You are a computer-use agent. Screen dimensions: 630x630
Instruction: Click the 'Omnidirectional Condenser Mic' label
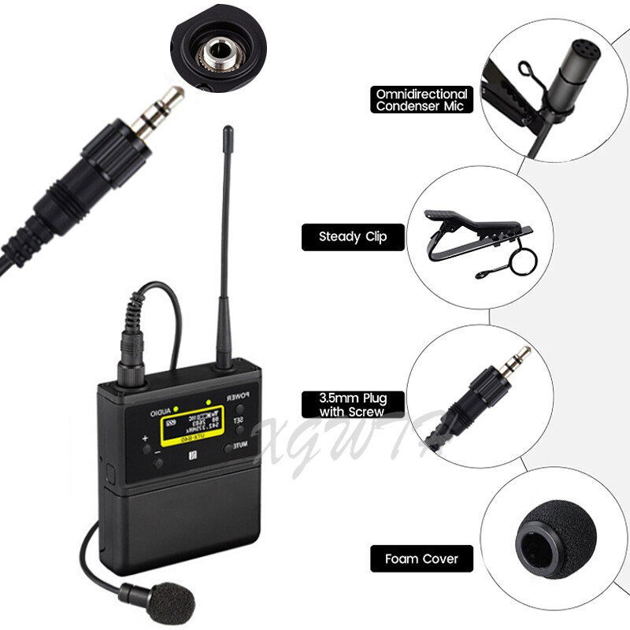click(422, 100)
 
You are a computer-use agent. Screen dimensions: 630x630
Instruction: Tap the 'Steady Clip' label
click(353, 237)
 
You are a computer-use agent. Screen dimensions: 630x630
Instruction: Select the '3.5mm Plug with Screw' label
click(353, 404)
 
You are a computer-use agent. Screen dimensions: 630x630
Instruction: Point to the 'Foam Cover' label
click(421, 559)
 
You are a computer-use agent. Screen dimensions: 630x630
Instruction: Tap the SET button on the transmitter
click(238, 423)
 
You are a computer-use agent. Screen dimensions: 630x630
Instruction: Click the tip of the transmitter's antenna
click(228, 131)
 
